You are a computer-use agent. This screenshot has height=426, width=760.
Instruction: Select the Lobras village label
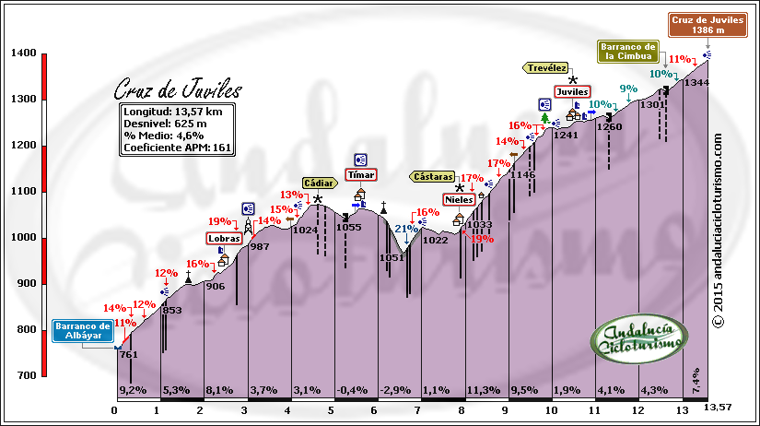225,238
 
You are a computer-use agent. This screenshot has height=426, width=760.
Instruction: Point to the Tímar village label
360,174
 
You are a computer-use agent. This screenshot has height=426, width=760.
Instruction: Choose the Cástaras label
433,175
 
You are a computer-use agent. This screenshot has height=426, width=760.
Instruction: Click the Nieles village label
458,199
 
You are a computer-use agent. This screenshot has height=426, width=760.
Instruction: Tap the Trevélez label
546,67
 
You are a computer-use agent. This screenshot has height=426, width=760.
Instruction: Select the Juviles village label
571,92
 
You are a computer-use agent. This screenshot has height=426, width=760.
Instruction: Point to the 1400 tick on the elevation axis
24,53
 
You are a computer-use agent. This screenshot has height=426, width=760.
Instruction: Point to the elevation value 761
129,355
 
